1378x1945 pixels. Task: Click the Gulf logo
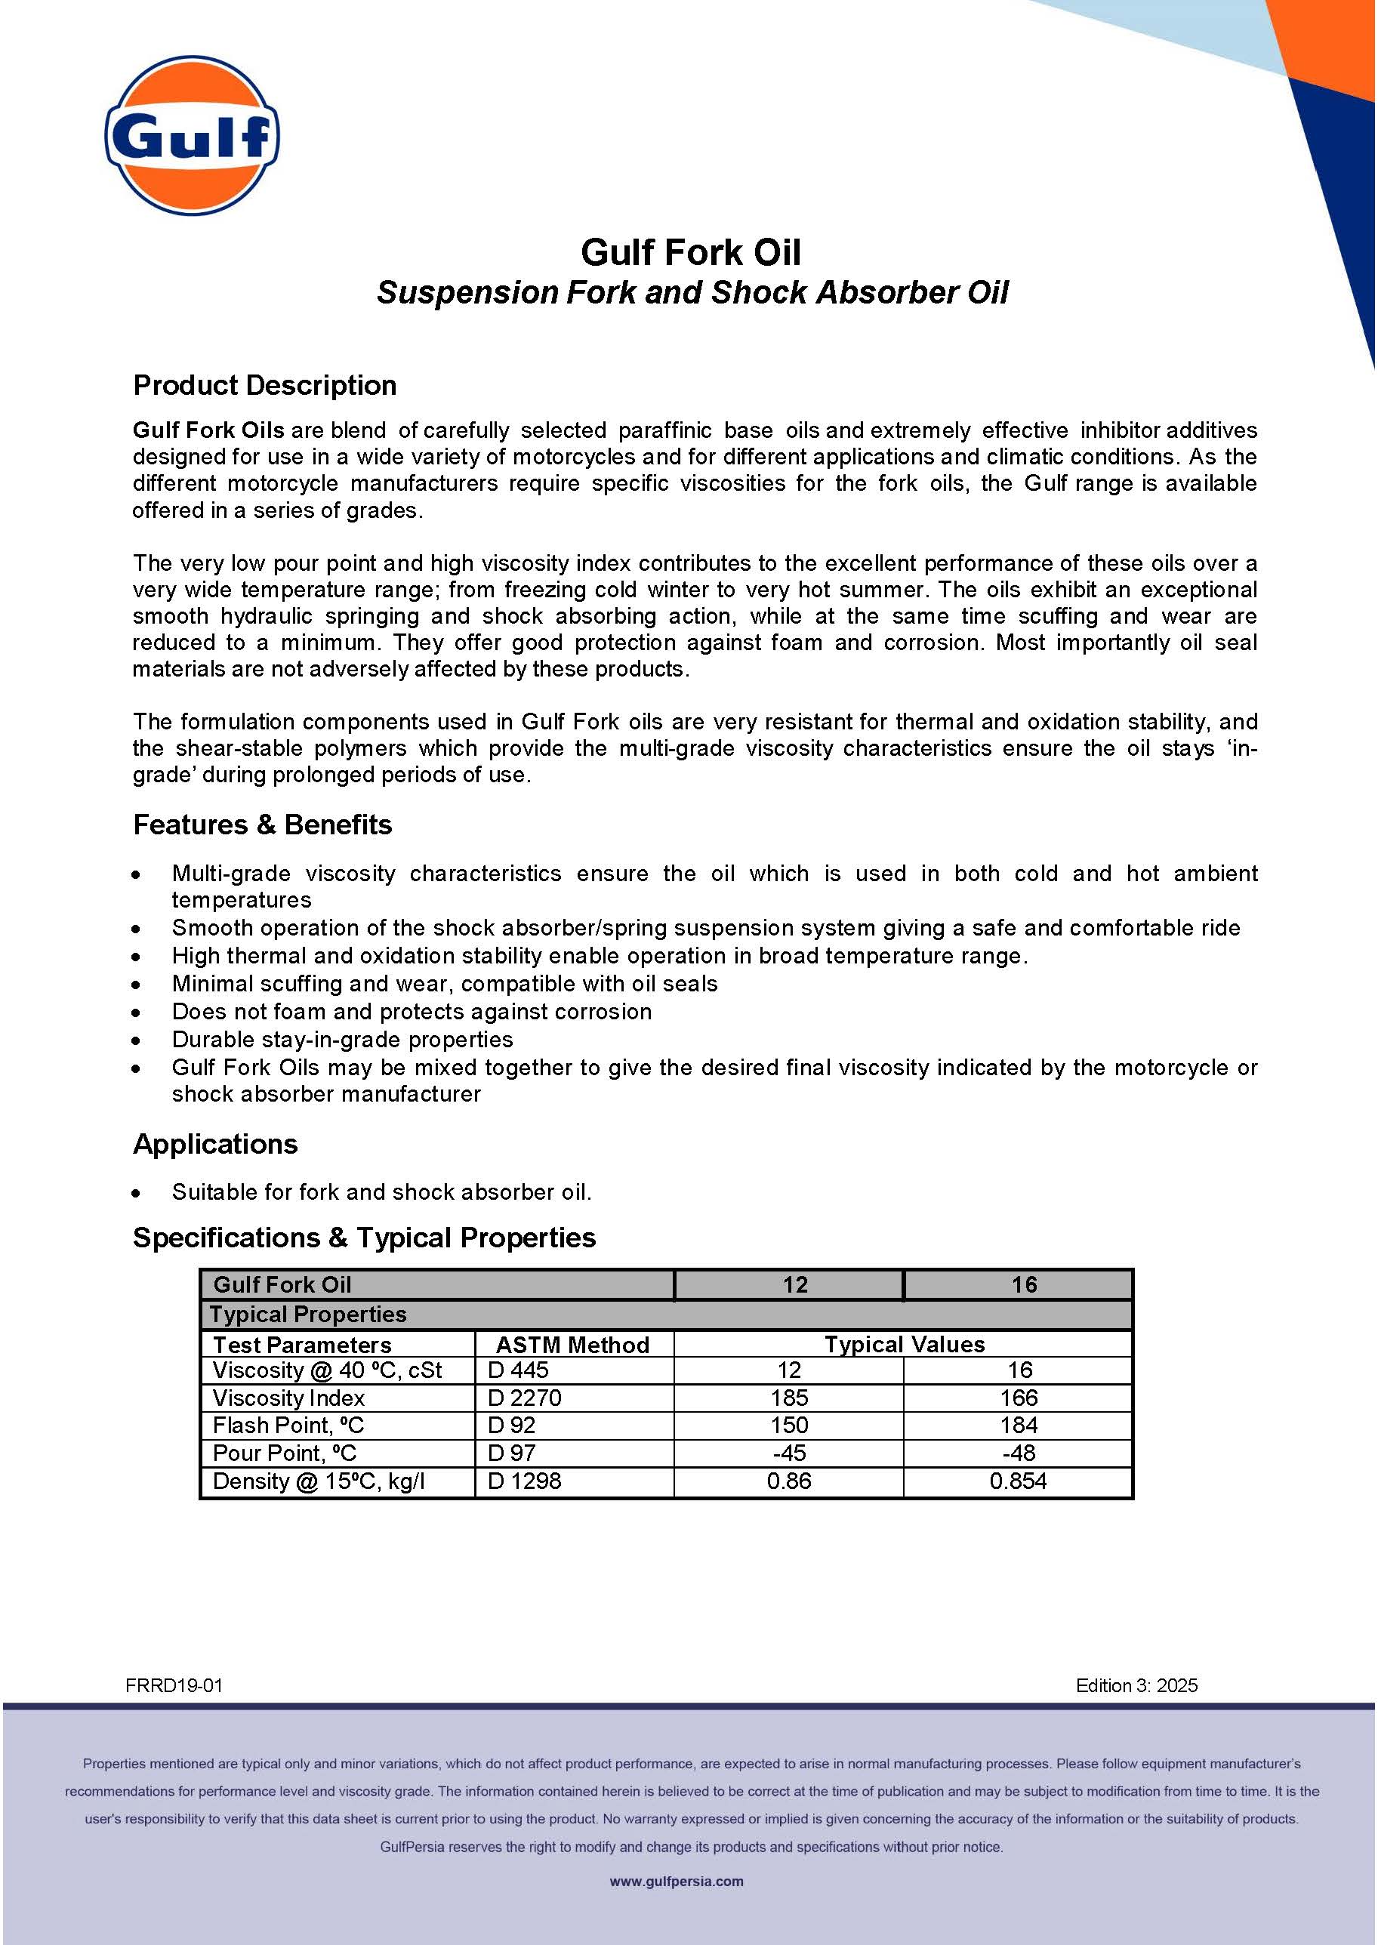[192, 136]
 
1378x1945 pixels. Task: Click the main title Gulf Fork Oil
[690, 252]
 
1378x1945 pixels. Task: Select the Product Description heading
[265, 385]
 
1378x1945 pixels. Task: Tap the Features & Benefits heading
[262, 824]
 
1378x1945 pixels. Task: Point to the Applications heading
[215, 1144]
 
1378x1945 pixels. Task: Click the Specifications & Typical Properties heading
[364, 1238]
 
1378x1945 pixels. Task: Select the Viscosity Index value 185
[789, 1398]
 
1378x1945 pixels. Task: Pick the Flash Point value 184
[1019, 1425]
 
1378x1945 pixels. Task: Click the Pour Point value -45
[789, 1453]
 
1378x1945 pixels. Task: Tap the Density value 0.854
[1019, 1481]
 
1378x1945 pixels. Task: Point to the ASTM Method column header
[573, 1344]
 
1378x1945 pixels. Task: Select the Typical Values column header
[905, 1344]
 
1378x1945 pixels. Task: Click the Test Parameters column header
[302, 1344]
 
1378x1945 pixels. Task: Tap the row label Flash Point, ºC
[288, 1425]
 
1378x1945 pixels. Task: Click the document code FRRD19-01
[174, 1685]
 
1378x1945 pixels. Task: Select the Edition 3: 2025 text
[1136, 1685]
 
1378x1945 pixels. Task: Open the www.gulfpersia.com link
[677, 1882]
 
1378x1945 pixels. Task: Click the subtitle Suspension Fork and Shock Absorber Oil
[692, 292]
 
